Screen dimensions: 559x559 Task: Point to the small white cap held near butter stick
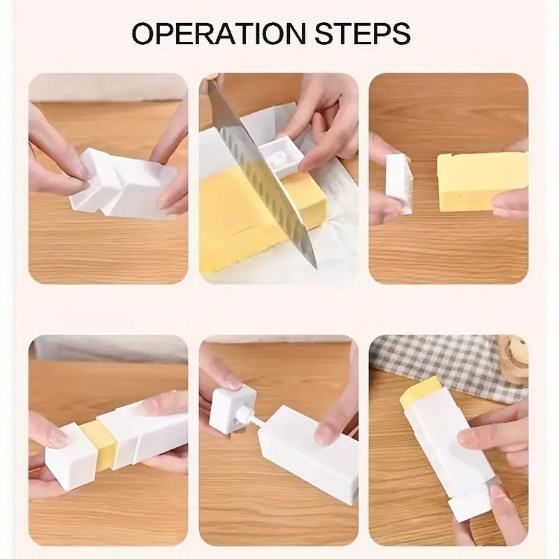pos(399,182)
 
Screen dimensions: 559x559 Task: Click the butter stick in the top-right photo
pos(482,180)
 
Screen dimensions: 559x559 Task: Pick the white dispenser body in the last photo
pos(447,440)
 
